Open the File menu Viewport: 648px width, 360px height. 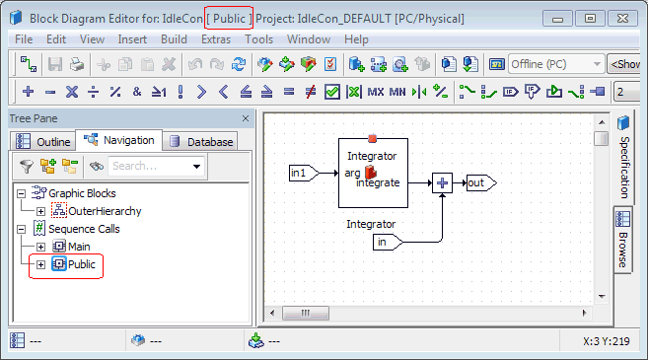pyautogui.click(x=24, y=39)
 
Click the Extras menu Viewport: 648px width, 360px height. pyautogui.click(x=216, y=39)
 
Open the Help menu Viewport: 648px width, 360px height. pyautogui.click(x=356, y=39)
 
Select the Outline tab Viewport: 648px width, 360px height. pyautogui.click(x=43, y=141)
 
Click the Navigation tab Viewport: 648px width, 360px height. pyautogui.click(x=119, y=140)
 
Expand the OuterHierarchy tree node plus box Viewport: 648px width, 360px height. pyautogui.click(x=40, y=212)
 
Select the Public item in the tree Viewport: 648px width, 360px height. pyautogui.click(x=82, y=264)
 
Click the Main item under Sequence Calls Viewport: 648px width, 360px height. pyautogui.click(x=79, y=247)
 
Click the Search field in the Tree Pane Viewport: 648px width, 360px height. pyautogui.click(x=151, y=166)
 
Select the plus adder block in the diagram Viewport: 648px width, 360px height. pyautogui.click(x=442, y=182)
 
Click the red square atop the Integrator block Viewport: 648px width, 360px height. pyautogui.click(x=373, y=138)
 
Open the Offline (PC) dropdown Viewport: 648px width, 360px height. pyautogui.click(x=556, y=64)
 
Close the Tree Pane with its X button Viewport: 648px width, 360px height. pyautogui.click(x=246, y=118)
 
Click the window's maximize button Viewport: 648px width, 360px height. pyautogui.click(x=590, y=19)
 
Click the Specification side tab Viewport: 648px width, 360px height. pyautogui.click(x=624, y=158)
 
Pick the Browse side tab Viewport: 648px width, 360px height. pyautogui.click(x=623, y=240)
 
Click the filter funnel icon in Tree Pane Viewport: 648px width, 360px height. pyautogui.click(x=27, y=166)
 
